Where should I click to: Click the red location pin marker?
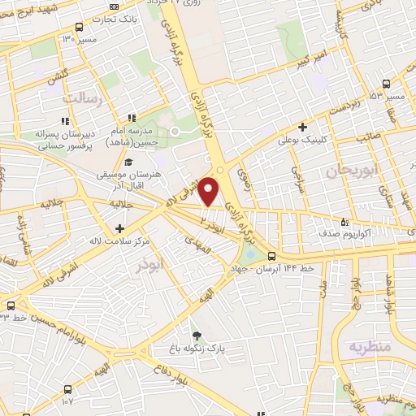tap(210, 191)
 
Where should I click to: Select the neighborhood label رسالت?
tap(84, 98)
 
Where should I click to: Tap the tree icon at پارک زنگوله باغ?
tap(195, 335)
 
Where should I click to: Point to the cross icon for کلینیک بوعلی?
tap(302, 127)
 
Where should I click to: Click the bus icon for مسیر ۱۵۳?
tap(385, 84)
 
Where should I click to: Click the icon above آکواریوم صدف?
tap(344, 221)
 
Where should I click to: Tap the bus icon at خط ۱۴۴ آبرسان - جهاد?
tap(271, 258)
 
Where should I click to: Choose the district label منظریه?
tap(370, 347)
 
